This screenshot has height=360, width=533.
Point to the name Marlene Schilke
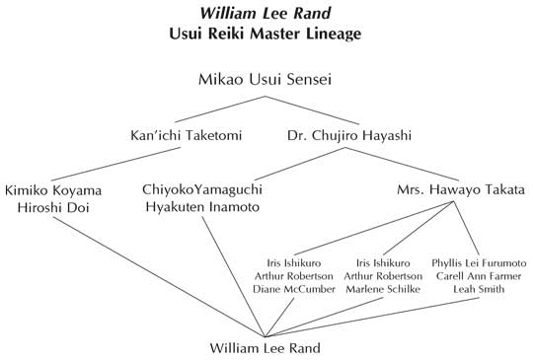[x=385, y=289]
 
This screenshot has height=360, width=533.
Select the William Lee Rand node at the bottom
[x=266, y=348]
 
